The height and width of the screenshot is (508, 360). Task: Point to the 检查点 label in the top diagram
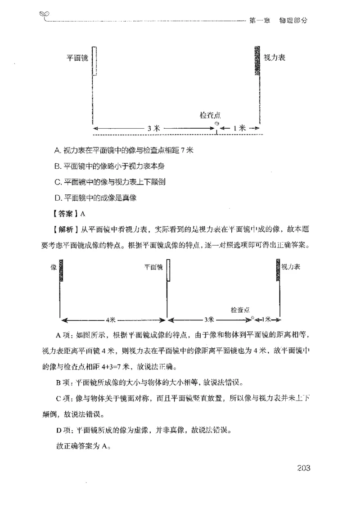[x=210, y=116]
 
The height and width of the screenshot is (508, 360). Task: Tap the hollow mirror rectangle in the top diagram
[x=94, y=61]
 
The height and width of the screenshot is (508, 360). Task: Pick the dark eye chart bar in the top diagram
[x=257, y=60]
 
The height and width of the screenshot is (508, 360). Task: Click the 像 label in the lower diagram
[x=54, y=267]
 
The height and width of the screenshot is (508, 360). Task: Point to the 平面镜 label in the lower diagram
[x=153, y=267]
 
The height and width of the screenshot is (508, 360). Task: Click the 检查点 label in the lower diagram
[x=240, y=310]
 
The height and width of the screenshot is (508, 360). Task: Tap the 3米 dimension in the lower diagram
[x=208, y=319]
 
